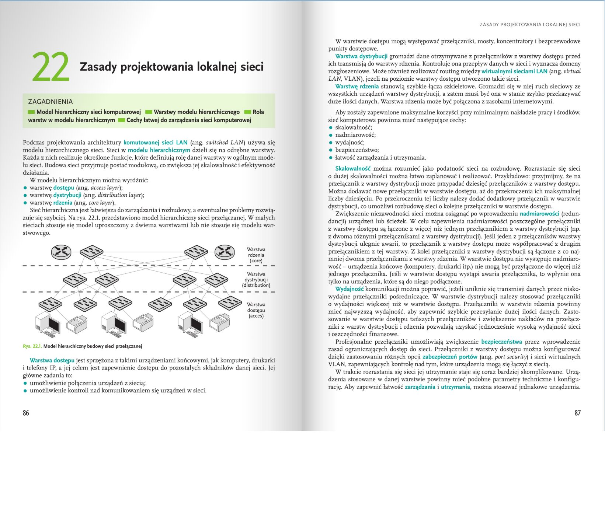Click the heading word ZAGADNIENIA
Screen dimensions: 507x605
[x=51, y=101]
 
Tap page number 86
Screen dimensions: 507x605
[x=26, y=413]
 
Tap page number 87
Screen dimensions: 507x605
[x=577, y=413]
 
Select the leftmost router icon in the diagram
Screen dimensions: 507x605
[x=61, y=252]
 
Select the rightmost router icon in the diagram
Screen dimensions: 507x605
[x=224, y=252]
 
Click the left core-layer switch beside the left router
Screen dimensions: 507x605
[x=91, y=252]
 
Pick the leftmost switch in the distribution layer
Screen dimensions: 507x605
[x=75, y=280]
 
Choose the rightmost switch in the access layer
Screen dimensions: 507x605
[x=230, y=303]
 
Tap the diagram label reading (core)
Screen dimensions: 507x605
[x=256, y=261]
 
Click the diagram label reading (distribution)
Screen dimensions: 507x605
[x=256, y=285]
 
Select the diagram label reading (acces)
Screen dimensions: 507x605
[x=256, y=316]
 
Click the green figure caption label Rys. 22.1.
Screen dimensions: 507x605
[x=32, y=346]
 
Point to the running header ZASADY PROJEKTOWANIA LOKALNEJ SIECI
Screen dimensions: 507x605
[x=530, y=25]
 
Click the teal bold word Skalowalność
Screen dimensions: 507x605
[x=352, y=168]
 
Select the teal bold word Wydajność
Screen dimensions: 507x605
[x=349, y=289]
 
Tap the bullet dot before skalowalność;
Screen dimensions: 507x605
[x=331, y=127]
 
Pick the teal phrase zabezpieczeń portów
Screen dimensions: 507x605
[x=450, y=357]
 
